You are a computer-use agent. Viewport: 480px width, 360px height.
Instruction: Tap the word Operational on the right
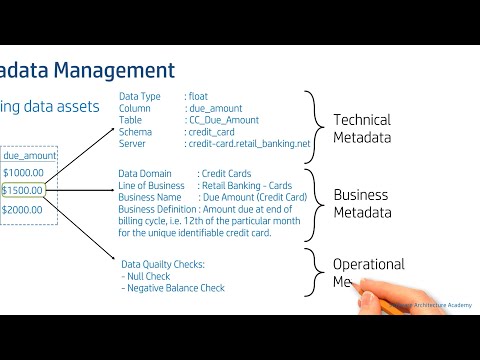(368, 265)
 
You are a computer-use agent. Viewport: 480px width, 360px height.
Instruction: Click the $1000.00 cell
(23, 173)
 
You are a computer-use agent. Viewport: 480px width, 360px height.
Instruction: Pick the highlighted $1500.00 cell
(23, 191)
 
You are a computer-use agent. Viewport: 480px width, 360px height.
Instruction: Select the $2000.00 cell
(23, 210)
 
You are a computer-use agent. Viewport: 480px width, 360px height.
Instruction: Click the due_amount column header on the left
(30, 156)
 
